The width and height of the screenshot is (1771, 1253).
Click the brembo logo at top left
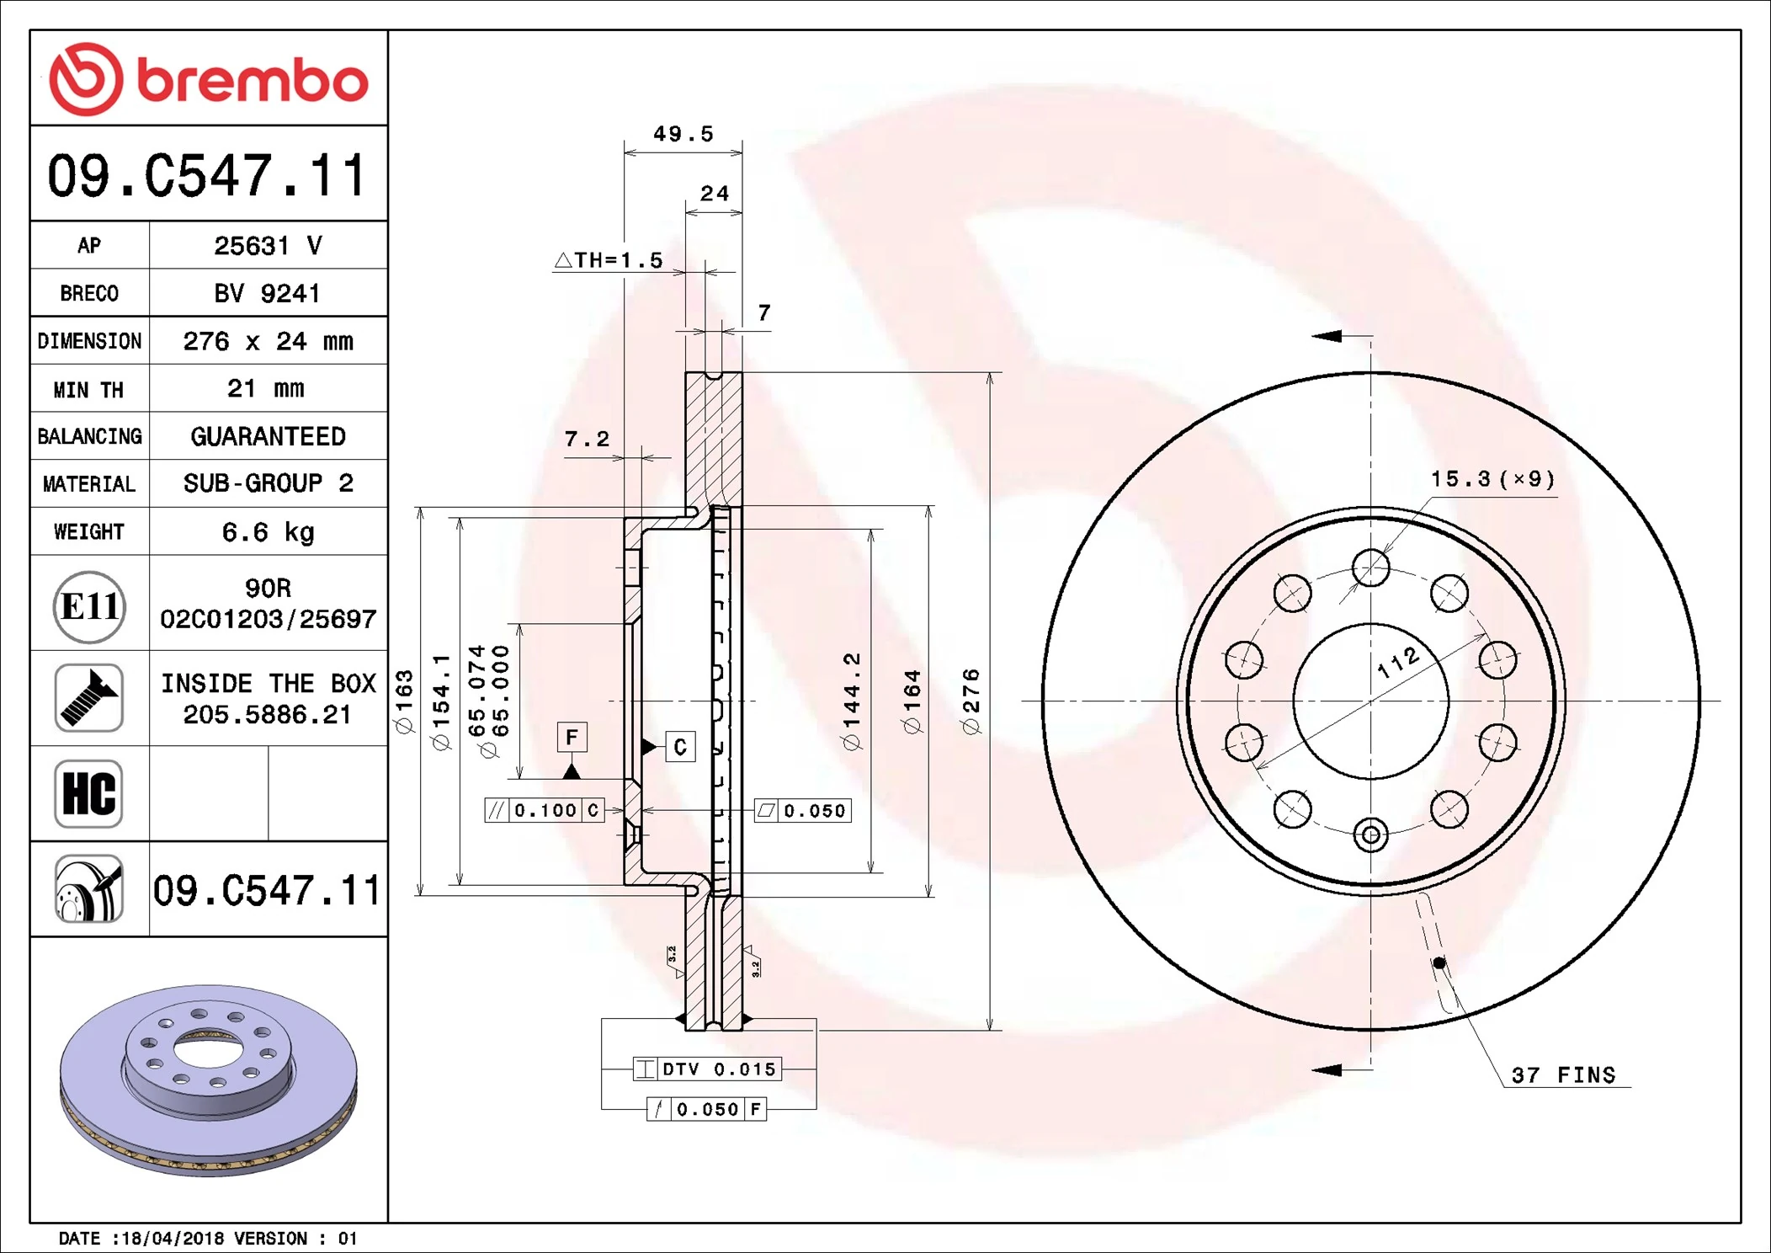pos(208,79)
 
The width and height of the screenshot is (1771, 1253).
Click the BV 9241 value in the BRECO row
pos(267,293)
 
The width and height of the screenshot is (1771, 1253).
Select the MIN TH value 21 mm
pos(266,388)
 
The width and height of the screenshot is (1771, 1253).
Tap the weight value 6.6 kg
pos(268,532)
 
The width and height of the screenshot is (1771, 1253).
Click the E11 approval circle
pos(89,606)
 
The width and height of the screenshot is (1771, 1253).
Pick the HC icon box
pos(89,793)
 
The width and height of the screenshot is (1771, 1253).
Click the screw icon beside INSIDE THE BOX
pos(89,697)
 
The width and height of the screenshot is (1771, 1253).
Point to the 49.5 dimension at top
pos(683,134)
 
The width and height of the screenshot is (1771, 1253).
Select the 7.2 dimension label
pos(587,439)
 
